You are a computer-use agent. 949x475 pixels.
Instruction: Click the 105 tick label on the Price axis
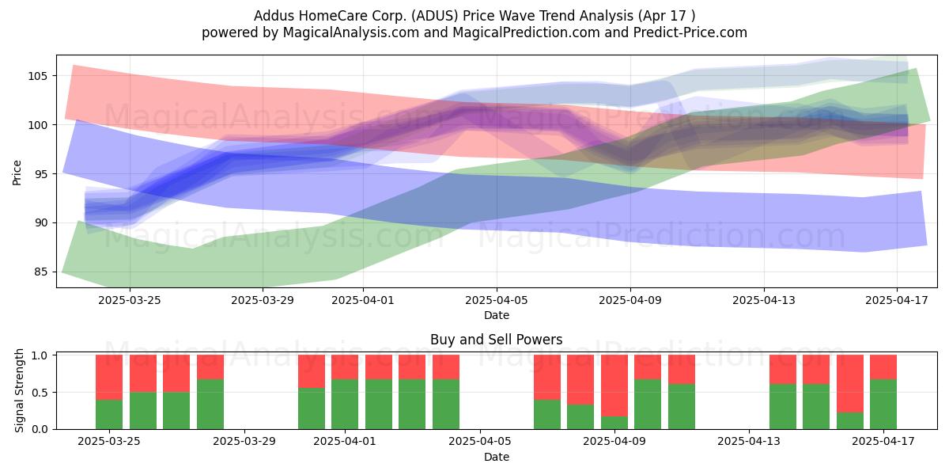37,76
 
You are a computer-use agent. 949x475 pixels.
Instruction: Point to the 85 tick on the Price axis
40,272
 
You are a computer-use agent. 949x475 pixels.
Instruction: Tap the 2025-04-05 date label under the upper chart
497,300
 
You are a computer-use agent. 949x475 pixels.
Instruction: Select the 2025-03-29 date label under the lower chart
244,441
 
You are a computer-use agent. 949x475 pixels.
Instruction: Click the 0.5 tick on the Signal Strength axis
40,393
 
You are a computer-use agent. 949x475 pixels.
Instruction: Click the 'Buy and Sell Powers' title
497,340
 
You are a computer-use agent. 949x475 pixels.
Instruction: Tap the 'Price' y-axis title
17,173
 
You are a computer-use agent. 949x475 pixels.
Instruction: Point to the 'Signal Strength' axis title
19,390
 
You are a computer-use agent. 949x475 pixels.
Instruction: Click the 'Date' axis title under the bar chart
497,457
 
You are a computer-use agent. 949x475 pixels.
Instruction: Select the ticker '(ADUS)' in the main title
436,16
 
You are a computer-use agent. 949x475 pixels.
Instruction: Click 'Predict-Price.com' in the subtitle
690,32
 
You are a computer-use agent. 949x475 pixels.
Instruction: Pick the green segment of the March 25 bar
109,414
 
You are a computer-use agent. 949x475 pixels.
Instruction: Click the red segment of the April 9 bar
614,386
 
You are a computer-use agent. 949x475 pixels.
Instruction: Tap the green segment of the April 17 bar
883,405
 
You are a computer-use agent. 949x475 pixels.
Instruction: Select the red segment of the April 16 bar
850,384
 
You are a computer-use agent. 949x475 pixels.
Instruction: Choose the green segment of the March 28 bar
210,405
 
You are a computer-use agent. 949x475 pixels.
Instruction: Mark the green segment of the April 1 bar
345,405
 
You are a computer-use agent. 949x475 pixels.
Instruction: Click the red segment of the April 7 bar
547,378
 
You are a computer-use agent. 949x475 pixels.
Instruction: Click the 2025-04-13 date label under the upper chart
764,300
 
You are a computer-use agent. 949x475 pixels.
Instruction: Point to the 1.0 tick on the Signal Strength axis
40,355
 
